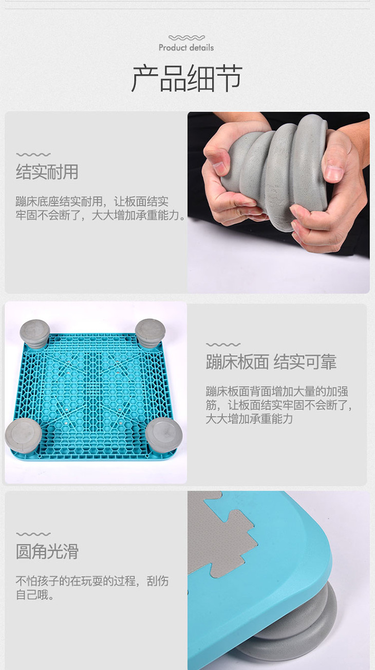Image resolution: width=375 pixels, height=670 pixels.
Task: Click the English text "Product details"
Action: [x=186, y=47]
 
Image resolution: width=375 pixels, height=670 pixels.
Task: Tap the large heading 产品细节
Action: [x=187, y=78]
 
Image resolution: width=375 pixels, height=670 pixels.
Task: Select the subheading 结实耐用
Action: [x=47, y=172]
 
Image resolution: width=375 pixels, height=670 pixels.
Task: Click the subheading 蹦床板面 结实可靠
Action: [x=271, y=361]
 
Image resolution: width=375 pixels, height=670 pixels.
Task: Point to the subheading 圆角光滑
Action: [x=47, y=551]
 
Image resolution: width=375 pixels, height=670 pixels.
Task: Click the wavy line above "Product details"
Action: [x=187, y=38]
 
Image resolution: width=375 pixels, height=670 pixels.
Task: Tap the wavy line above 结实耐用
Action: [x=33, y=155]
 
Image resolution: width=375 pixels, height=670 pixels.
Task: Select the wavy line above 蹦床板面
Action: [x=223, y=345]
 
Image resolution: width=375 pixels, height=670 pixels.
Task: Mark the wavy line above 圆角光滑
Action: [x=33, y=534]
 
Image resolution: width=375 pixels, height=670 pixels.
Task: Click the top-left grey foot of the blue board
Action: [x=34, y=334]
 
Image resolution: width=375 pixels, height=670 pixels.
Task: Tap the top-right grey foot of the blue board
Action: [x=150, y=333]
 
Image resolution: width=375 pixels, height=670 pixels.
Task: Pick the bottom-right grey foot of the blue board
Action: [x=164, y=434]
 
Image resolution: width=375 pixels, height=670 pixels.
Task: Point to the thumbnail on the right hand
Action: [x=334, y=173]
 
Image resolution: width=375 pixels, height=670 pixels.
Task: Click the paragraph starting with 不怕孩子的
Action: [x=92, y=587]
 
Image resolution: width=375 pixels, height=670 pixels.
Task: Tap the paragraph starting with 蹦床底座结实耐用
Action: [x=101, y=208]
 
